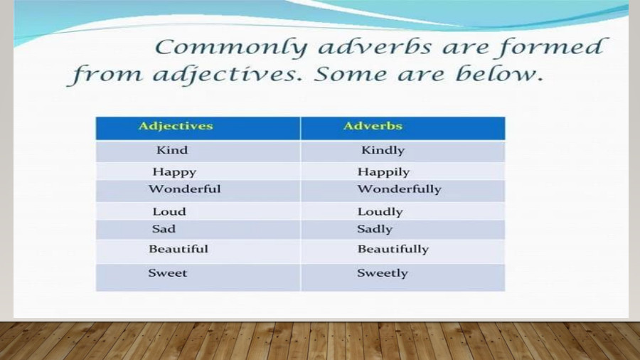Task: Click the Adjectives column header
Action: coord(176,127)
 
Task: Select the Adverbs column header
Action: coord(373,127)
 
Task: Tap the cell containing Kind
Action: coord(172,150)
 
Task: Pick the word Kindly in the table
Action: coord(383,150)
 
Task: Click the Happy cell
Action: coord(174,172)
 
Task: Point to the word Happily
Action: coord(383,172)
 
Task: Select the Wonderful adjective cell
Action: coord(184,189)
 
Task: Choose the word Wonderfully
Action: coord(399,189)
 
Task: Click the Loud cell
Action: coord(169,212)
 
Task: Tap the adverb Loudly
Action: coord(380,212)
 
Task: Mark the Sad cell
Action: coord(164,229)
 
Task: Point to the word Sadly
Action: coord(375,229)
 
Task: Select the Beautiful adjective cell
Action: coord(178,249)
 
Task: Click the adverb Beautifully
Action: coord(393,249)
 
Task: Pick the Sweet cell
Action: coord(168,273)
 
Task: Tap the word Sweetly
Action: coord(383,273)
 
